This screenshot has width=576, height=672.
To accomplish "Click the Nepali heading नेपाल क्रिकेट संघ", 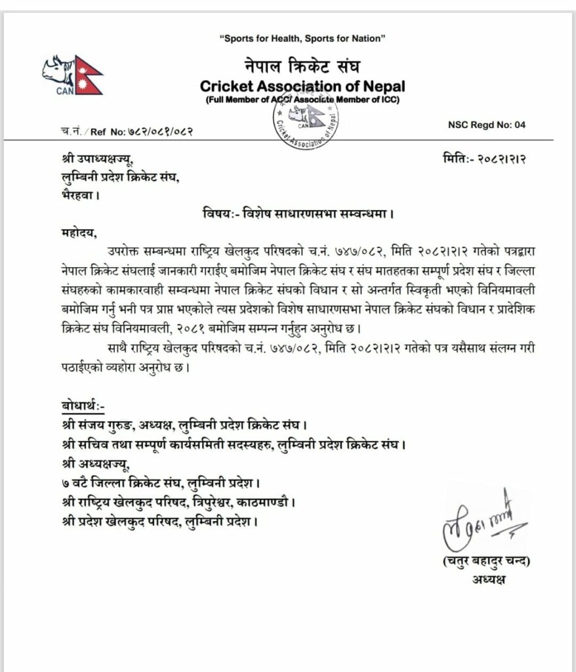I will tap(302, 66).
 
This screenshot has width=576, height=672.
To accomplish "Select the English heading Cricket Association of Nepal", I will tap(302, 86).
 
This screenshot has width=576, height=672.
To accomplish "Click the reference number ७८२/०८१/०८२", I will tap(151, 131).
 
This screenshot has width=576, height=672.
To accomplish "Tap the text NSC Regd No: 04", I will tap(487, 125).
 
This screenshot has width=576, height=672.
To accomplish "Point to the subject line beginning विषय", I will tap(301, 213).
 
